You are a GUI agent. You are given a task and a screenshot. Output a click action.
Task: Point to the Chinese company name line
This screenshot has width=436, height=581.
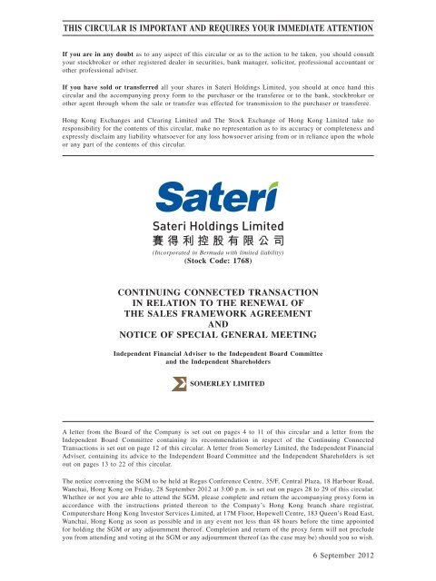tap(217, 242)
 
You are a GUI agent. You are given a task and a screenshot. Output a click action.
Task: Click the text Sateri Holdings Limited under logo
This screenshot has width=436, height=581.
tap(217, 224)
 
